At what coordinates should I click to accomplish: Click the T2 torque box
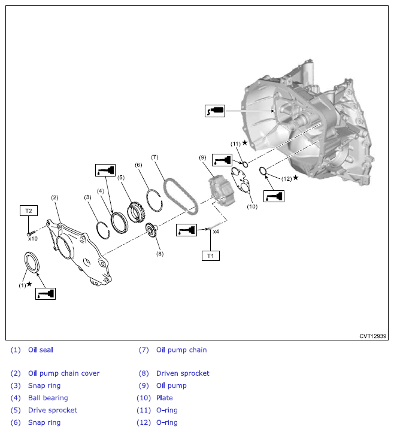click(x=29, y=211)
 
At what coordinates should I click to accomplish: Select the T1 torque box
click(x=210, y=255)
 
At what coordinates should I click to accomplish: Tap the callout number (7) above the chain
click(x=154, y=157)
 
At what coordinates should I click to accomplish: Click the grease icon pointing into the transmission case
click(x=214, y=111)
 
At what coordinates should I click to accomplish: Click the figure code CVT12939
click(x=373, y=336)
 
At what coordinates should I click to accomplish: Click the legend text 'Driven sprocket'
click(x=183, y=373)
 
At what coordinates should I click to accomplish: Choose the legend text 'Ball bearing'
click(x=48, y=398)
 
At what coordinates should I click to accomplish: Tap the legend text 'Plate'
click(x=164, y=398)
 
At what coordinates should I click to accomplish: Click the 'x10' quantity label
click(x=32, y=238)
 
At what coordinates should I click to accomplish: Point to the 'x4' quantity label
click(x=216, y=230)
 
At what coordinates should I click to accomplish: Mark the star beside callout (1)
click(x=29, y=283)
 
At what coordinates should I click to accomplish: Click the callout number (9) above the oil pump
click(x=202, y=157)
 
